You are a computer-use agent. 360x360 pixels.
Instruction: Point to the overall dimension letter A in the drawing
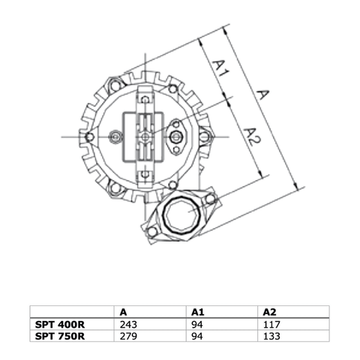tap(262, 95)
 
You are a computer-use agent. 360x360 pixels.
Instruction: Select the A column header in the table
tap(123, 311)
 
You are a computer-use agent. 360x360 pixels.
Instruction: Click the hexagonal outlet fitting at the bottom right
tap(182, 216)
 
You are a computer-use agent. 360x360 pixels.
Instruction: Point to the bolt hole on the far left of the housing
tap(90, 136)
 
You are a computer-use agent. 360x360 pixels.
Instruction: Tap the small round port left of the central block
tap(115, 137)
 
